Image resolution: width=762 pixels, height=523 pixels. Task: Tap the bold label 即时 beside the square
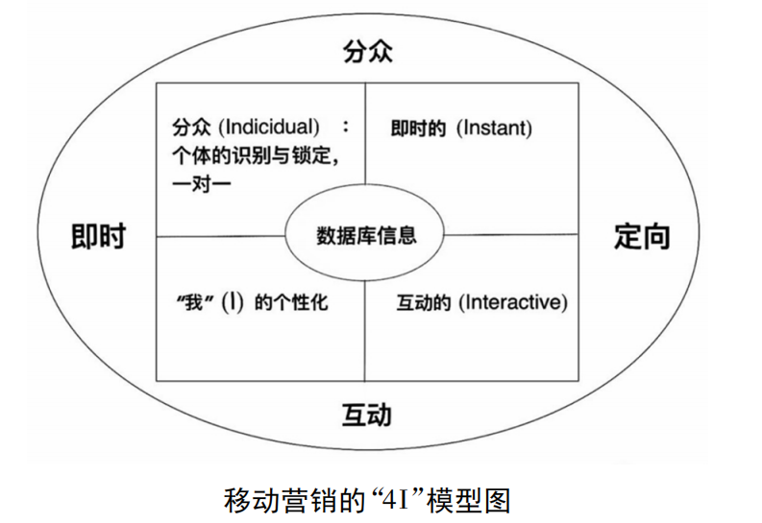coord(98,236)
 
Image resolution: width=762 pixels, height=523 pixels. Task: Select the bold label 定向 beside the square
coord(642,236)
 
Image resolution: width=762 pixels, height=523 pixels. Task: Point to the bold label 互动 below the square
coord(367,416)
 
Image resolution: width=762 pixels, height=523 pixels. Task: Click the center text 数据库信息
coord(366,235)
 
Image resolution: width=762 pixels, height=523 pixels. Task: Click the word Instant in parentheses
coord(493,127)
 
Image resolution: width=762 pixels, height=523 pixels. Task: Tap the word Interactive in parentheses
coord(513,302)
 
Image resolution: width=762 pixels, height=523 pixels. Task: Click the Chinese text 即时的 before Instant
coord(418,127)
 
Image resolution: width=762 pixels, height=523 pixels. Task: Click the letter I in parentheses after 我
coord(231,302)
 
